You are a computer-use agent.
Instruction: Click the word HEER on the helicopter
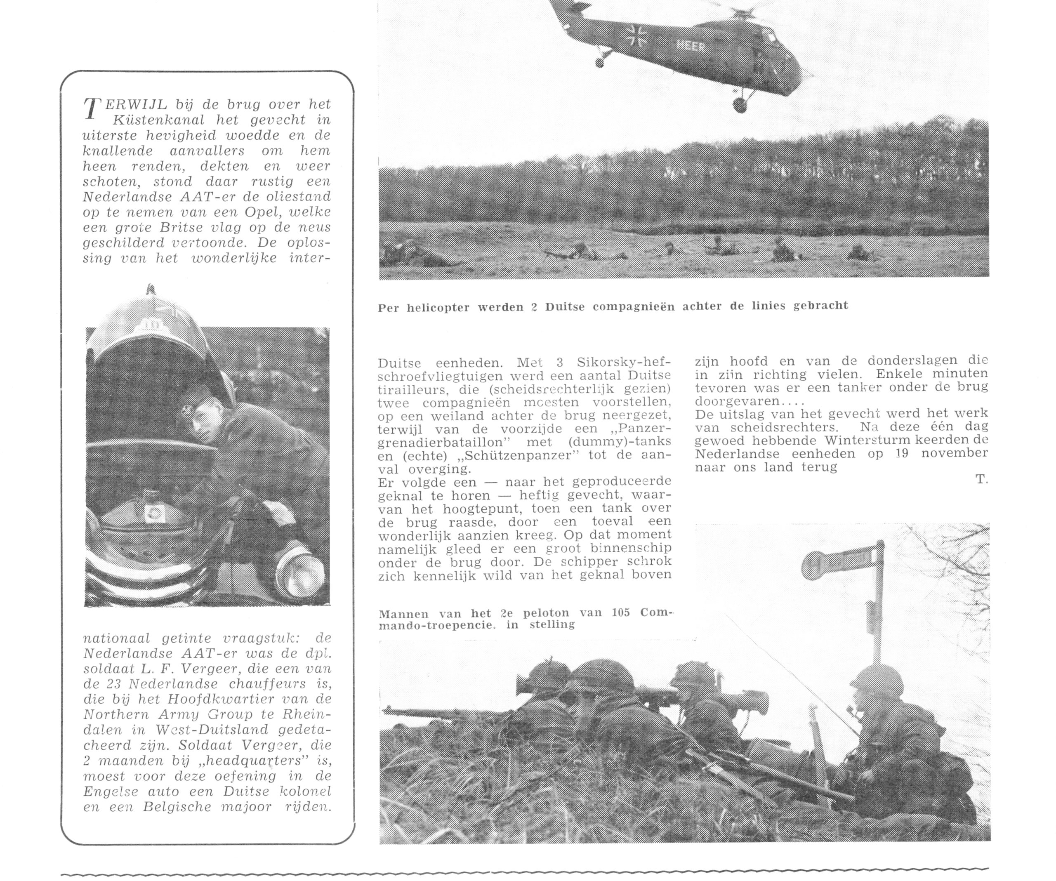[691, 46]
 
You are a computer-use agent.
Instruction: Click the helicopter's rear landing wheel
[599, 62]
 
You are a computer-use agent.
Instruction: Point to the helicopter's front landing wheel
[740, 106]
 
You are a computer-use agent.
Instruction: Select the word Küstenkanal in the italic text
[158, 120]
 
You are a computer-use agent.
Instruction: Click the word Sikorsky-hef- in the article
[624, 362]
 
